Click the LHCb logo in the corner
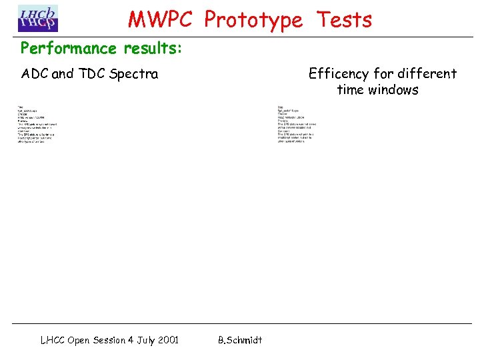click(x=37, y=18)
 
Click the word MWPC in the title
click(x=162, y=20)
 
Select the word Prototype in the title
click(x=253, y=20)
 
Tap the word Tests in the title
click(x=344, y=20)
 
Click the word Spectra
click(x=134, y=74)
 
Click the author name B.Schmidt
click(x=240, y=340)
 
